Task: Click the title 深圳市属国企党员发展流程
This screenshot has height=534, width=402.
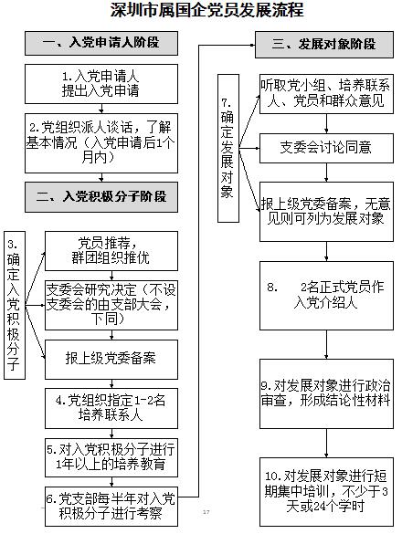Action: [206, 9]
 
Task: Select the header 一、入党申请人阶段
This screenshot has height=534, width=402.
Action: [101, 43]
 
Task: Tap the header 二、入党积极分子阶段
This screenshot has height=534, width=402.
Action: [101, 197]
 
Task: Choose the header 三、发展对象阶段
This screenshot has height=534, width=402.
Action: [324, 45]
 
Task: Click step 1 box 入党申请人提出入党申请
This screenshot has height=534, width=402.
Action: [101, 84]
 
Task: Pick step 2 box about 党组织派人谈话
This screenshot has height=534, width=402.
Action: [101, 143]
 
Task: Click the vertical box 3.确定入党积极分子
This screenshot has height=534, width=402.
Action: [15, 305]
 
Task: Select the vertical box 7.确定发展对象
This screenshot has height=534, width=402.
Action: [228, 149]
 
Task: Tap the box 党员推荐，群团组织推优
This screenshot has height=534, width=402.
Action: [111, 251]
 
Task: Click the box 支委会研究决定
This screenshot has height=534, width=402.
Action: [111, 305]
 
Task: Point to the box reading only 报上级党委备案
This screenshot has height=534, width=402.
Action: [111, 360]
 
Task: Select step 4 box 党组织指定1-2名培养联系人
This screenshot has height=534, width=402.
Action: [111, 408]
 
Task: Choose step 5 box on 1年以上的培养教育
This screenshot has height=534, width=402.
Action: [111, 457]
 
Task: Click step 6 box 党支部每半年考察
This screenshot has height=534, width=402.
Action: [111, 507]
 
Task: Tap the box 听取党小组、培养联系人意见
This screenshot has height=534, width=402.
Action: [327, 94]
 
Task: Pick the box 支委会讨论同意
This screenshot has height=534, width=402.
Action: [327, 148]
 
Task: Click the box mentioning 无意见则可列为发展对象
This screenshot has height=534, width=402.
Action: [327, 212]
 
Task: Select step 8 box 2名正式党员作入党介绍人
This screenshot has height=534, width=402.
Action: [327, 296]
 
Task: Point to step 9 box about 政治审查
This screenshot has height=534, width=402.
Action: [327, 393]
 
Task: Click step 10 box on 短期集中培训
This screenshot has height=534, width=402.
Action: [327, 492]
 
